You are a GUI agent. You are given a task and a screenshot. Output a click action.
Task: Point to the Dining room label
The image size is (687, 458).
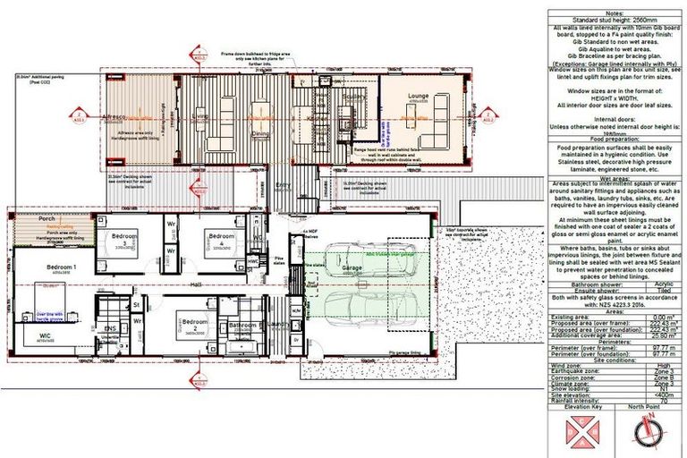tap(260, 133)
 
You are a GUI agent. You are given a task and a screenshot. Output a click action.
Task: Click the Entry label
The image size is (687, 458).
tap(284, 186)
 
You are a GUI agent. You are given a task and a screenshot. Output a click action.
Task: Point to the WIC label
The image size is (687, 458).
tap(44, 335)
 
